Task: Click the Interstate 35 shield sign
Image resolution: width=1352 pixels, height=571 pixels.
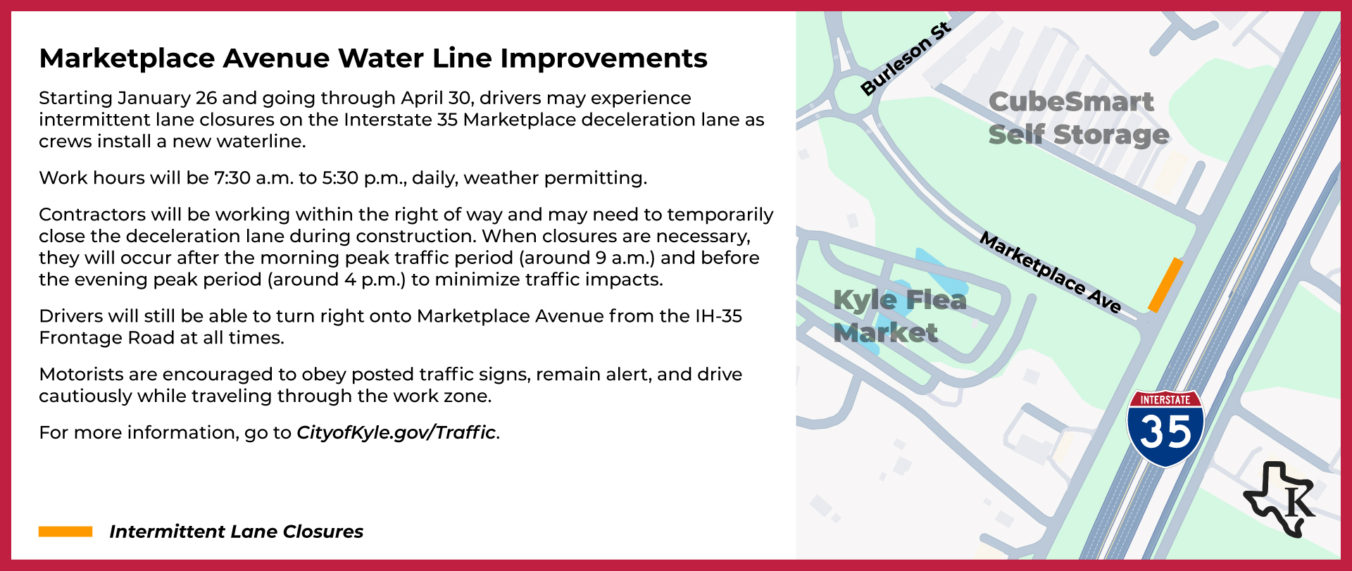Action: [1165, 428]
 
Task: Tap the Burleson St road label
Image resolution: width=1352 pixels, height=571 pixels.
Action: [906, 59]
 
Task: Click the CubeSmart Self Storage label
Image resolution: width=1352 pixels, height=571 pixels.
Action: [1077, 118]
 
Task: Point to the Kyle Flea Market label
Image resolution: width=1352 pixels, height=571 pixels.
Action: [899, 316]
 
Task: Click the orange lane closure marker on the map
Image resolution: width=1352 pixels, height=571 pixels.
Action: [1165, 285]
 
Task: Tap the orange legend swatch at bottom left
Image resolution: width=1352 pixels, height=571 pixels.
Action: [65, 532]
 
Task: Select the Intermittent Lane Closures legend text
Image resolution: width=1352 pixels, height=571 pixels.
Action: [236, 532]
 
